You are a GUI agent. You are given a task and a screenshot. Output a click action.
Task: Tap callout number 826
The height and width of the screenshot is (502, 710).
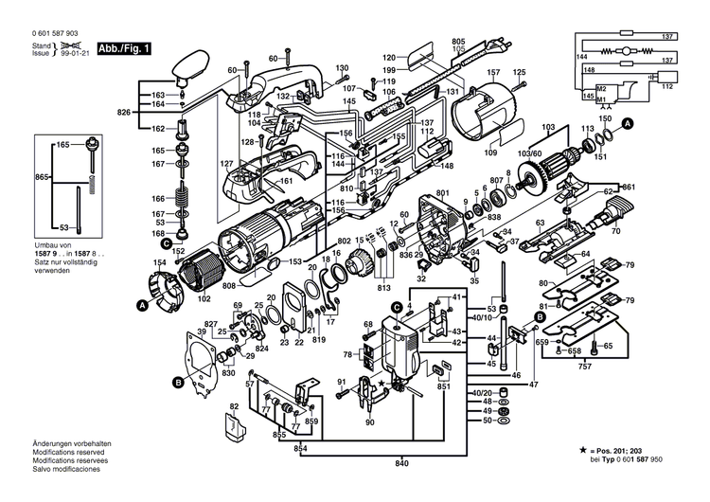pyautogui.click(x=122, y=113)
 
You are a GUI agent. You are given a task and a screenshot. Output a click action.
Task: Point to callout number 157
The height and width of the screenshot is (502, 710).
pyautogui.click(x=492, y=72)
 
